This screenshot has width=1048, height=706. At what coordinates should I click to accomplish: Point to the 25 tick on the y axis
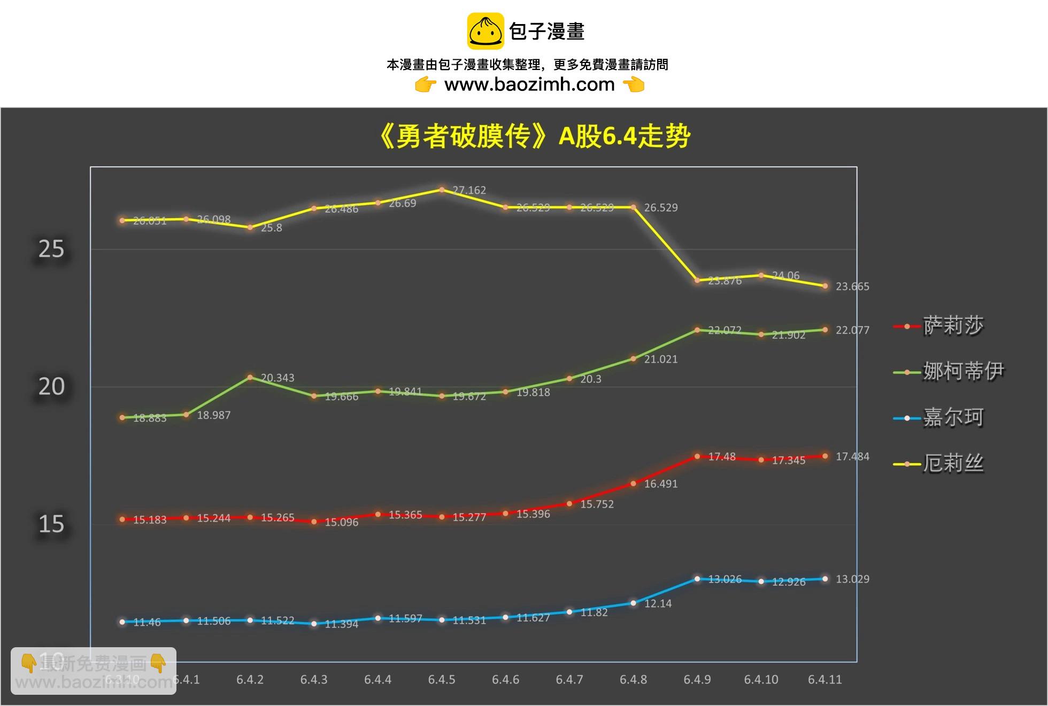click(51, 249)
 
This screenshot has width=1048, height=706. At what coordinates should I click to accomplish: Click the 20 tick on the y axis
click(51, 386)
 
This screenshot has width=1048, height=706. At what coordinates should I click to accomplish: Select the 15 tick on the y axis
click(51, 524)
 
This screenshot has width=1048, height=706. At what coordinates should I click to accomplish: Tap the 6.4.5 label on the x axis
click(442, 680)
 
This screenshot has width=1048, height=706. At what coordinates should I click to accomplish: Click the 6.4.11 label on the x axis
click(824, 680)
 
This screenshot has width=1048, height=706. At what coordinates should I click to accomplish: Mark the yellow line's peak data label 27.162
click(469, 190)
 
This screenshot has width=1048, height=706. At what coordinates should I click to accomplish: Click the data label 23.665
click(852, 286)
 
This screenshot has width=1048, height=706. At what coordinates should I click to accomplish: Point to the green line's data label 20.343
click(278, 378)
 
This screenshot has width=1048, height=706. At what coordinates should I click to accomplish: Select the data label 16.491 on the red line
click(660, 484)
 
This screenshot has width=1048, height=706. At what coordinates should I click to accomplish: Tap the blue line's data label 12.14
click(658, 603)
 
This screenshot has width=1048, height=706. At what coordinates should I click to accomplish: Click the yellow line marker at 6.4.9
click(697, 280)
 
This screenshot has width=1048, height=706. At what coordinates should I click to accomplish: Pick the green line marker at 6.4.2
click(250, 377)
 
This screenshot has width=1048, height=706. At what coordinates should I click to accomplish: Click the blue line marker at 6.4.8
click(634, 603)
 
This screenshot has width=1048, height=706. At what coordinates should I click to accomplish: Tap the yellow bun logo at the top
click(486, 31)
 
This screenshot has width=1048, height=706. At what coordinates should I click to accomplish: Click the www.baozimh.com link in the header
click(529, 84)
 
